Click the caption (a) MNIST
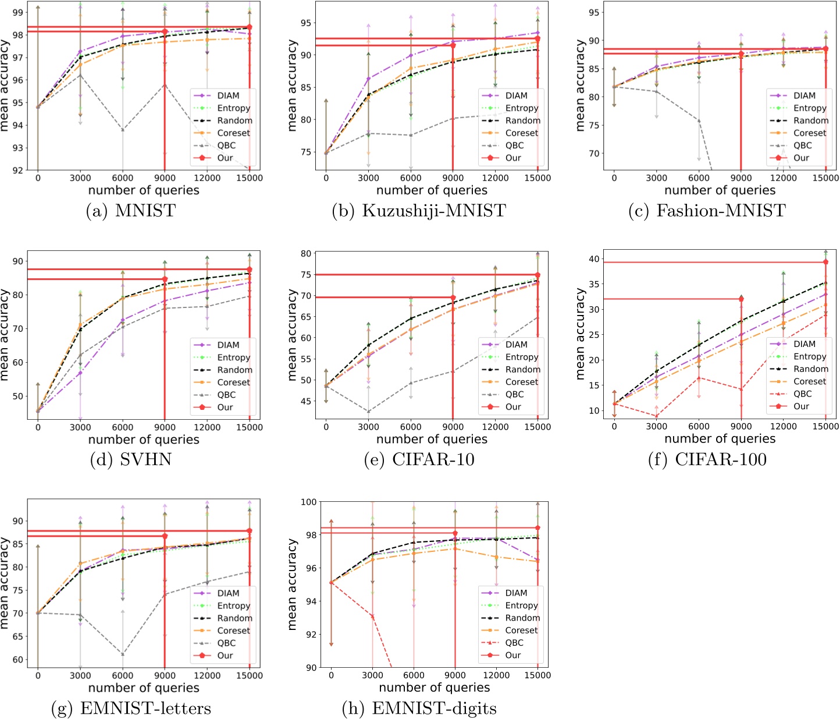(130, 210)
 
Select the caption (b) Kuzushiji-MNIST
(419, 210)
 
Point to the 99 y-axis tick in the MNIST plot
(18, 12)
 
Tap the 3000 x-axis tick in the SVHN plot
(80, 427)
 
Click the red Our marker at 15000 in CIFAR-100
(825, 262)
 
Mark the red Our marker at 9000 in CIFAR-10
(453, 297)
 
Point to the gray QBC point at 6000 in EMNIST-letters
(123, 654)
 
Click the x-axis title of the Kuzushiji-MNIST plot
(432, 190)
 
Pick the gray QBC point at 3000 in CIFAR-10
(368, 412)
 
